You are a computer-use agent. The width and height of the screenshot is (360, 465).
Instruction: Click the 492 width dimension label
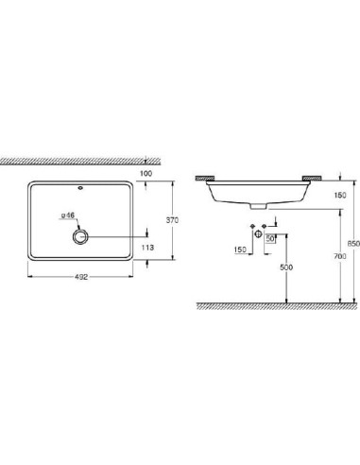(x=82, y=277)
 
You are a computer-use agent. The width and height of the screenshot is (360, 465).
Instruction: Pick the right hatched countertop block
(x=313, y=177)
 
